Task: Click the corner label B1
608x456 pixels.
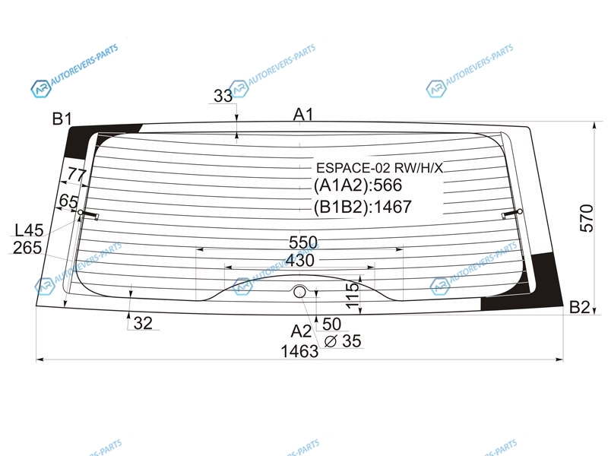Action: point(62,119)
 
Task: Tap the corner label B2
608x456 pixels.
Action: point(579,307)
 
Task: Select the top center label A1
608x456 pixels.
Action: point(302,115)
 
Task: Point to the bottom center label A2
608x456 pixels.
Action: point(301,331)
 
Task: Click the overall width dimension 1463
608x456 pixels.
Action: point(299,351)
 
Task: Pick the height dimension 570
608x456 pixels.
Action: point(586,218)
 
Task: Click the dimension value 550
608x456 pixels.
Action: point(302,242)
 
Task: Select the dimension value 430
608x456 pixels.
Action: point(299,260)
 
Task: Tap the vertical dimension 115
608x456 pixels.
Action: point(352,296)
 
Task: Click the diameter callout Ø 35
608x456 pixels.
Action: point(343,340)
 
